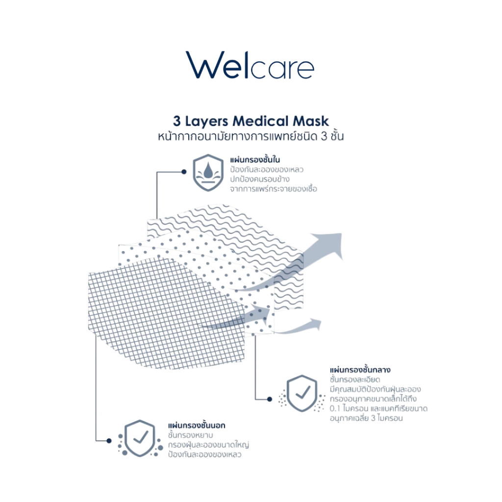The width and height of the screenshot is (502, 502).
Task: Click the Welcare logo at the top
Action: click(250, 65)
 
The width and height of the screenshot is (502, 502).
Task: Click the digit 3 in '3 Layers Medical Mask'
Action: click(176, 122)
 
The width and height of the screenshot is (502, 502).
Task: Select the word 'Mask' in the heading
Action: click(310, 121)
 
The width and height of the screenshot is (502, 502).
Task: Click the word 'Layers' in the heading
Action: click(207, 122)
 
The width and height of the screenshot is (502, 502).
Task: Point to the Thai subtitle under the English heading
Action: click(251, 136)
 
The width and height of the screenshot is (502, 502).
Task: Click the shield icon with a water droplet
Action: click(208, 173)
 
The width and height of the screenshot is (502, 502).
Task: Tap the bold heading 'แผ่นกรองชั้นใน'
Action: click(255, 159)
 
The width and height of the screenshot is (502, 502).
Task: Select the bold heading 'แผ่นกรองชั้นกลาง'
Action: click(360, 370)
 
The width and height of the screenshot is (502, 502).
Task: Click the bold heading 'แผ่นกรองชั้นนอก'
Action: click(197, 425)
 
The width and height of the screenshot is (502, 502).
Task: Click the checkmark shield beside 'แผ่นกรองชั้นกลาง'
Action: click(302, 393)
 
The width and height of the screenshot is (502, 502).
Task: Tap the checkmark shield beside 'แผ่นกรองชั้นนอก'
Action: click(140, 438)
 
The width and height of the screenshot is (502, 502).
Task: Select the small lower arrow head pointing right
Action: click(315, 324)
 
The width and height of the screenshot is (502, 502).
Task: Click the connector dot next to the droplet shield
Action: click(184, 172)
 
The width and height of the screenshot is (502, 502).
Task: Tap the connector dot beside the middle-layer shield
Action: click(270, 399)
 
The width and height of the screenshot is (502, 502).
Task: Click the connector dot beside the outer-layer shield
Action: click(109, 441)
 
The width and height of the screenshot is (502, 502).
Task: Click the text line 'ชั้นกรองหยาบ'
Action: click(191, 435)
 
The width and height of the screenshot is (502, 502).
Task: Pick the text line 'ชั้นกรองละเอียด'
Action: click(355, 379)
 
